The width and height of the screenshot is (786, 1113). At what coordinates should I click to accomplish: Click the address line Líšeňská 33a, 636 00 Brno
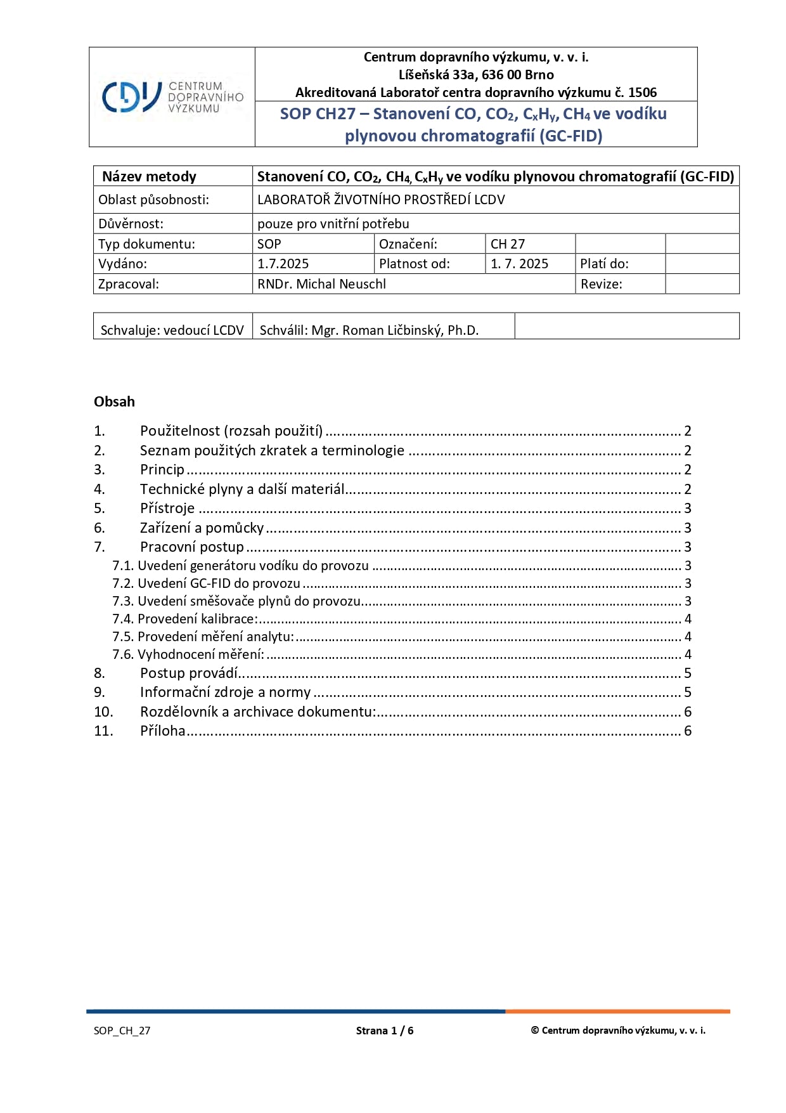[x=476, y=75]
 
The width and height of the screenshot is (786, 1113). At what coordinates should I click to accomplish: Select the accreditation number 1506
[x=642, y=93]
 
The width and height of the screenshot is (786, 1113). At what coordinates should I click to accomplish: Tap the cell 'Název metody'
[x=150, y=176]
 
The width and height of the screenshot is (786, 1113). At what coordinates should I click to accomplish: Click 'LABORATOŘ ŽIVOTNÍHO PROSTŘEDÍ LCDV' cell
[x=381, y=200]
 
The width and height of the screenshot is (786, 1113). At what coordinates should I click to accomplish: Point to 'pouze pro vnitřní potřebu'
[x=333, y=224]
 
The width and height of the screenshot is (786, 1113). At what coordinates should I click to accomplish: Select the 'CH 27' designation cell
[x=508, y=244]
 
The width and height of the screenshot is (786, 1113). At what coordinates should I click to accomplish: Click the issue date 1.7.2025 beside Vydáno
[x=283, y=264]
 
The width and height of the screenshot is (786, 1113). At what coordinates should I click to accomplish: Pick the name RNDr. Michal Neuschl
[x=321, y=284]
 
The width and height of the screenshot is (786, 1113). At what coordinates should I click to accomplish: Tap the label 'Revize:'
[x=602, y=284]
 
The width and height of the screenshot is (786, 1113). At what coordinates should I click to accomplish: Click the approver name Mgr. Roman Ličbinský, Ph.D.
[x=395, y=330]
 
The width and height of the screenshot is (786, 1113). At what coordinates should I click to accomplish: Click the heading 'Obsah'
[x=115, y=401]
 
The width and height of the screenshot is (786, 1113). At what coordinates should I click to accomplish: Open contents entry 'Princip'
[x=162, y=470]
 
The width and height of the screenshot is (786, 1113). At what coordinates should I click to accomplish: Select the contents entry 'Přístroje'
[x=167, y=509]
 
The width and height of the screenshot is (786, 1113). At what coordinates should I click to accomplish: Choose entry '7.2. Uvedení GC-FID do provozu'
[x=207, y=583]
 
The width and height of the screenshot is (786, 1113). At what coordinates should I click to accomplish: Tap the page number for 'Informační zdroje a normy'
[x=688, y=693]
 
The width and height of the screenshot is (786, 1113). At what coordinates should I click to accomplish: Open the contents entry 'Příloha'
[x=163, y=731]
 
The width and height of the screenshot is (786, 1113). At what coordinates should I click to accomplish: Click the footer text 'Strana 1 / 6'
[x=385, y=1031]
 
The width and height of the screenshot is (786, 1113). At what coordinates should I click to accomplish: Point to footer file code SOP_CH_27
[x=122, y=1031]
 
